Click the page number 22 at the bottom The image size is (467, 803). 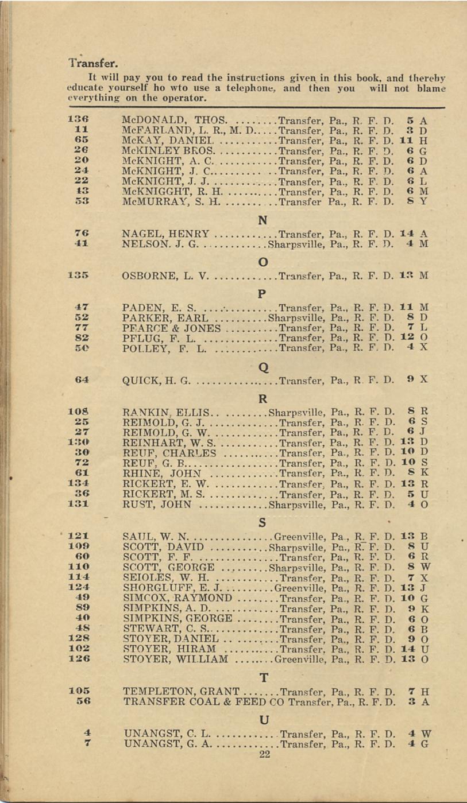[x=264, y=754]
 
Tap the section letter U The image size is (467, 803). [x=264, y=720]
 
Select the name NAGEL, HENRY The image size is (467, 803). [x=166, y=234]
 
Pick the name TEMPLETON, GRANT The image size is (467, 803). [x=181, y=691]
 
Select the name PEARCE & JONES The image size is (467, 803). [x=172, y=328]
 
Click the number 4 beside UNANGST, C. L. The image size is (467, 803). [x=86, y=733]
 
